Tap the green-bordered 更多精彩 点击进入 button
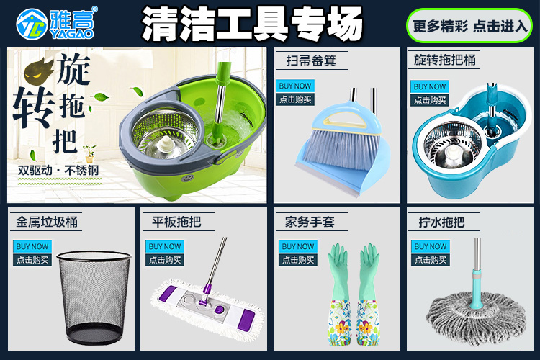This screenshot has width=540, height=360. (469, 26)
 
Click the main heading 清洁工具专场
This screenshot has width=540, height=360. (252, 24)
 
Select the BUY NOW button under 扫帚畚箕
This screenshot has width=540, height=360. (294, 86)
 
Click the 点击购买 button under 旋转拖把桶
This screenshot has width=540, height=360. (430, 100)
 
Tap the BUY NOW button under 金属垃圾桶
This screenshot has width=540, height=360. (32, 246)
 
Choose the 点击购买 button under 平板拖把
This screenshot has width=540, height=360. (165, 260)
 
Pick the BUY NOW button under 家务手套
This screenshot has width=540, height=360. (298, 246)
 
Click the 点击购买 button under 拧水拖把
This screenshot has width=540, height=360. (431, 260)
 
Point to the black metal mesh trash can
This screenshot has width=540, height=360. (94, 297)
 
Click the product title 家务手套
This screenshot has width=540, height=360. (310, 222)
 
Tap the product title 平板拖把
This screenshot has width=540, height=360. (176, 222)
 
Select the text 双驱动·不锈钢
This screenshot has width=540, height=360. (58, 170)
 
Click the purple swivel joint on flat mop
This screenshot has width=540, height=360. (206, 294)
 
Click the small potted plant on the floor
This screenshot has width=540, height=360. (89, 153)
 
